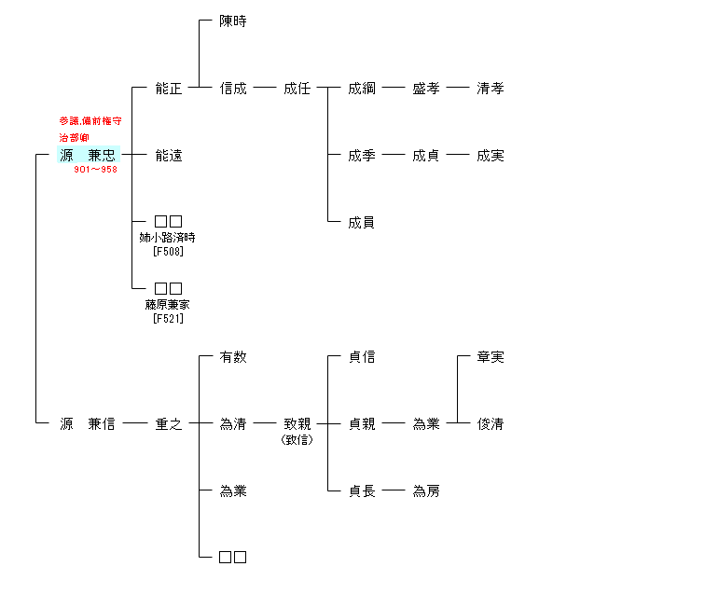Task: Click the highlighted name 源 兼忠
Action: [88, 156]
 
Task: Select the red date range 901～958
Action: [96, 170]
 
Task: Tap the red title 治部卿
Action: [75, 138]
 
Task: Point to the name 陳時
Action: [233, 21]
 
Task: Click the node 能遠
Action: [169, 156]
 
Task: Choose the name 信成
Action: [233, 89]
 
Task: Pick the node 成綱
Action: [362, 89]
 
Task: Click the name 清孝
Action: [491, 89]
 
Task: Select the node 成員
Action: [362, 223]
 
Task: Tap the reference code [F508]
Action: [169, 251]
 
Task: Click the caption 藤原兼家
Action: [169, 305]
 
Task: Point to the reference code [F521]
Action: [169, 318]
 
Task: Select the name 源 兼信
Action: [88, 424]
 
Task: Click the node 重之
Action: [169, 424]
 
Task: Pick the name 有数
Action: [233, 357]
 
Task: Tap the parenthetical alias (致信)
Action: [297, 439]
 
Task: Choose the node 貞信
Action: [362, 357]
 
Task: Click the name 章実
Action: [491, 357]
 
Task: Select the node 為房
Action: [426, 491]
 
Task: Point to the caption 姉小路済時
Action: [169, 238]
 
